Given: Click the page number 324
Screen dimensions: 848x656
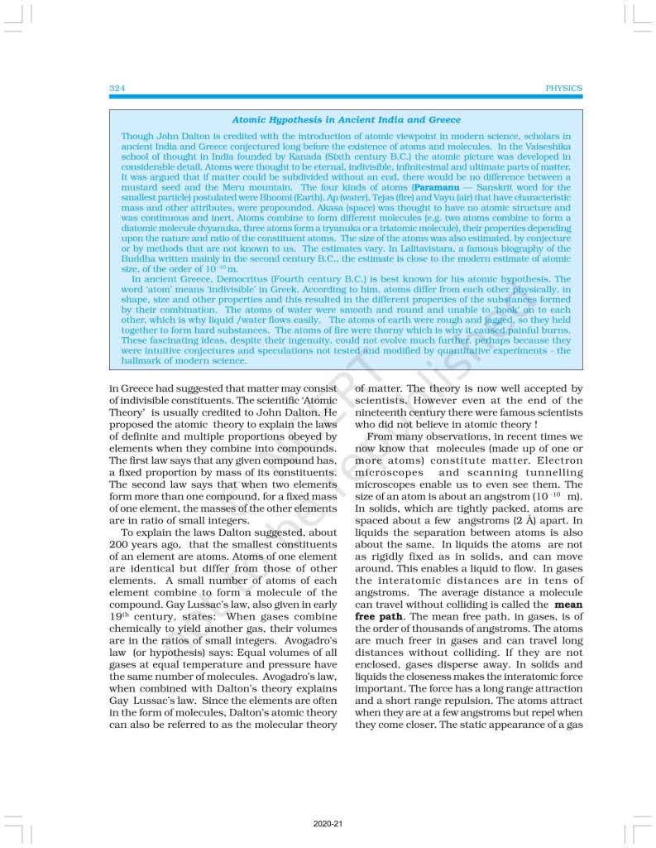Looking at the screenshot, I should pos(117,88).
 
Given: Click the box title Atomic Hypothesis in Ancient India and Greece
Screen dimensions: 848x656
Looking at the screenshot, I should pos(346,120).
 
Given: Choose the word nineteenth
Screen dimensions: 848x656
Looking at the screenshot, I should pos(387,412).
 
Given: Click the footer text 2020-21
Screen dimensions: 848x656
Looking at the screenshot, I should pos(328,825).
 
